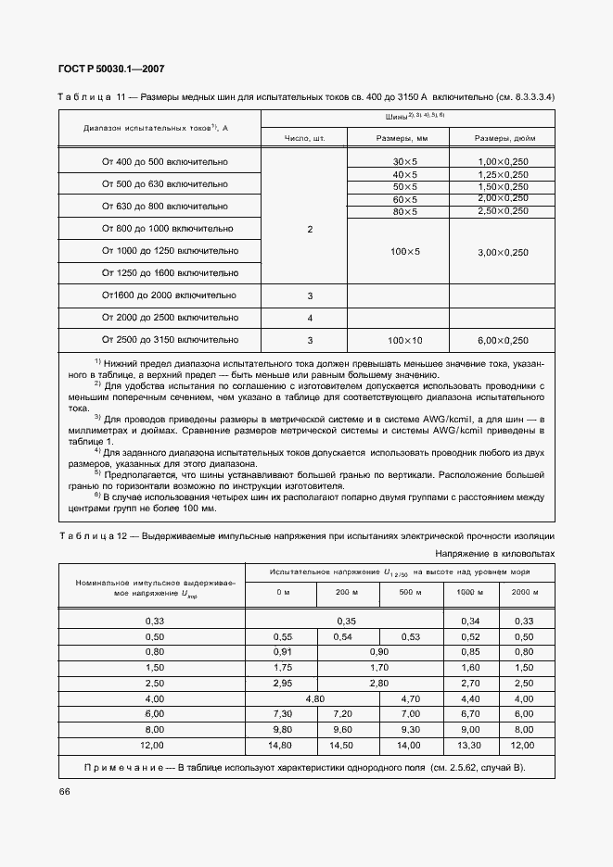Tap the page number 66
point(64,790)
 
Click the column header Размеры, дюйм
point(503,138)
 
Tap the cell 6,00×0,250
point(503,340)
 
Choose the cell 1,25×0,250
point(503,174)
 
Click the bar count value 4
point(310,318)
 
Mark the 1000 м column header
point(470,591)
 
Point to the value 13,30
point(470,744)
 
